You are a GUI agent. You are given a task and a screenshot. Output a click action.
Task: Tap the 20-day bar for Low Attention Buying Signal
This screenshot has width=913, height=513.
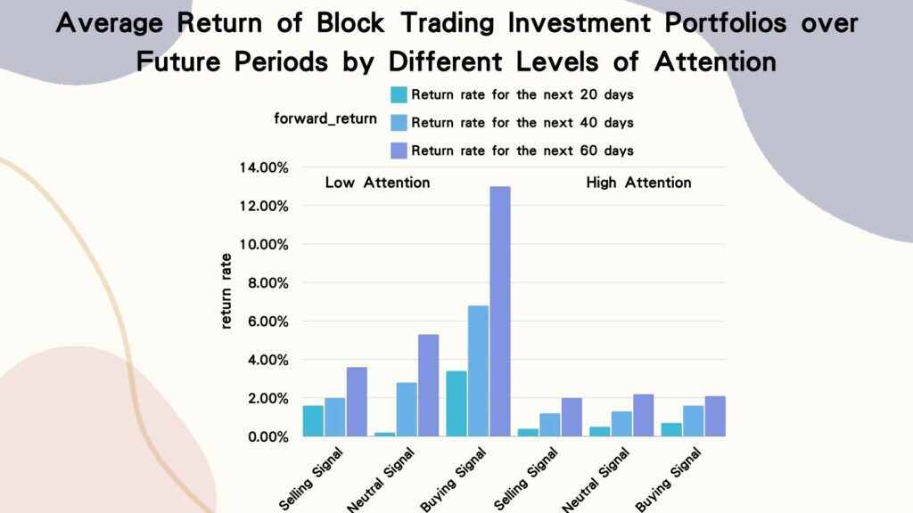click(x=457, y=403)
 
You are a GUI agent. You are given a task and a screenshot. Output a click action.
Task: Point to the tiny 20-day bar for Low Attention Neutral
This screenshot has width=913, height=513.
click(x=384, y=434)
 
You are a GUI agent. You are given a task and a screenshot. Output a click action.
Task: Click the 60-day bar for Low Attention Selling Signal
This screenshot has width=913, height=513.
click(x=357, y=402)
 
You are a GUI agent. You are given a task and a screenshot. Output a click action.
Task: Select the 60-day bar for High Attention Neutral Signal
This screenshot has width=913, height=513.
click(x=643, y=415)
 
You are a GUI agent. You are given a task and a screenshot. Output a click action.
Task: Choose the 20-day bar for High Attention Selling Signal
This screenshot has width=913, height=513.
click(x=529, y=433)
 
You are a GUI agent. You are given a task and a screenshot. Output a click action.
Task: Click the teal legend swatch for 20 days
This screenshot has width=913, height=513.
click(x=398, y=95)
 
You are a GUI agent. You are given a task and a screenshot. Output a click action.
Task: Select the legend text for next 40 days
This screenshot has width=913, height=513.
click(x=522, y=122)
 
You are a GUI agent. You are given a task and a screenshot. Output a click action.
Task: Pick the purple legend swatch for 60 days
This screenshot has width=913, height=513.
click(x=398, y=150)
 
